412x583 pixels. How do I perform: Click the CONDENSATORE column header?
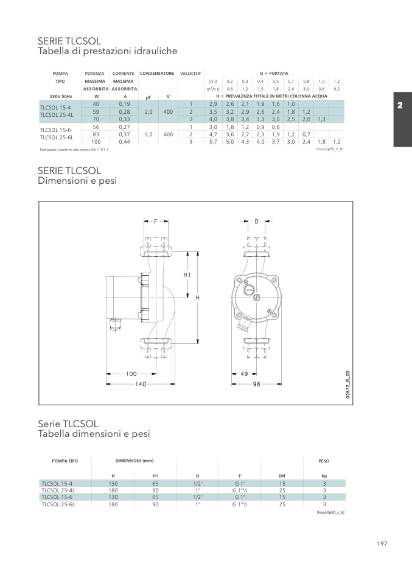(157, 73)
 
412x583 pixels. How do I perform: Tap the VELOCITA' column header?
(190, 74)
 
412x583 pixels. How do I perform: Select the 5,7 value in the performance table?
(213, 142)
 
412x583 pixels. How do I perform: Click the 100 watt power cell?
(96, 142)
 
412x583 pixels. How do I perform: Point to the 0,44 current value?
(125, 142)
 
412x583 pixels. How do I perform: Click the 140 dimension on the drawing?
(141, 384)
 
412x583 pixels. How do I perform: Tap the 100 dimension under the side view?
(131, 374)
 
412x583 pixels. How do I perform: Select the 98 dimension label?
(257, 384)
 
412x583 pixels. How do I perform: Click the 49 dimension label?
(244, 374)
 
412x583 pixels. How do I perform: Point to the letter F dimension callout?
(156, 222)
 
